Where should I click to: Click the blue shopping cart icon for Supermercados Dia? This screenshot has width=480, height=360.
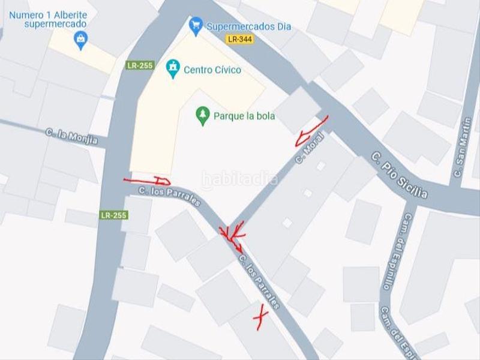[195, 26]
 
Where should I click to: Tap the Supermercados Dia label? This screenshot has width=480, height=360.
[249, 26]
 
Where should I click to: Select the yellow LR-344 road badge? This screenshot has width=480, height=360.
[238, 39]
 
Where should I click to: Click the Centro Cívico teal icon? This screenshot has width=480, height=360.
[173, 69]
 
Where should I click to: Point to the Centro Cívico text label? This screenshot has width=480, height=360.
[212, 70]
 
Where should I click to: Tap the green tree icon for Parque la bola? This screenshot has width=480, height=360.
[203, 115]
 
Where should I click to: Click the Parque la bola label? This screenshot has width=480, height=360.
[244, 116]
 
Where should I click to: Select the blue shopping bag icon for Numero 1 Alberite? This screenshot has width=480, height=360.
[80, 40]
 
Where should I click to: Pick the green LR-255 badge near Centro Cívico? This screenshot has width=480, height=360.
[140, 65]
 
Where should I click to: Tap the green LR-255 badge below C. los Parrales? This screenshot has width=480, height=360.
[114, 215]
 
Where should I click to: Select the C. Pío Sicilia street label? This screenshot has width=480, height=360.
[400, 175]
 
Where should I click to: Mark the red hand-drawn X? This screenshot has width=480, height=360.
[260, 316]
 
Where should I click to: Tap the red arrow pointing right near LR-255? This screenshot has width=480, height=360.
[148, 181]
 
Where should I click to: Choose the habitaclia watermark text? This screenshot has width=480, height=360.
[240, 179]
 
